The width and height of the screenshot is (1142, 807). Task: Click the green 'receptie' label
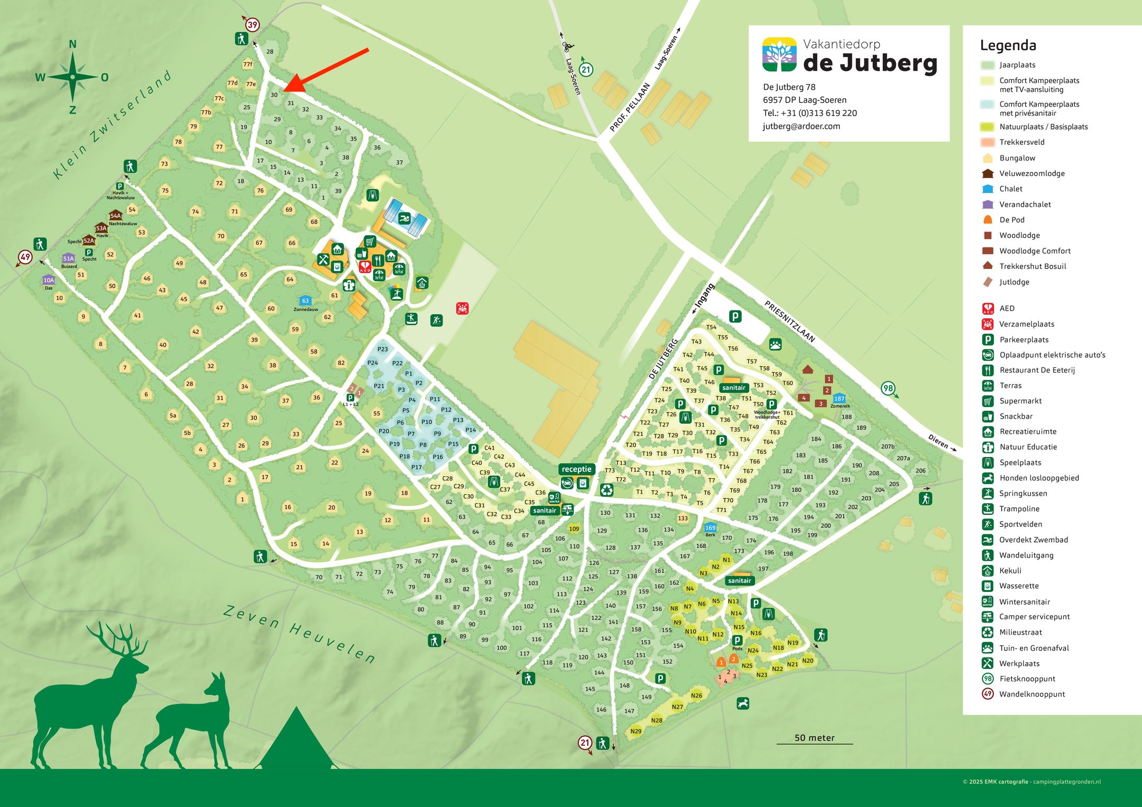click(576, 469)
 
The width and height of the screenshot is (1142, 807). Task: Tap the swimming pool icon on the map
click(404, 219)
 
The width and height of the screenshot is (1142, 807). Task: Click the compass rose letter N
click(73, 44)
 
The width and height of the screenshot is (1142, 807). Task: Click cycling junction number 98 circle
click(887, 388)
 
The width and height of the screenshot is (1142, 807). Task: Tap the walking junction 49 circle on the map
click(25, 257)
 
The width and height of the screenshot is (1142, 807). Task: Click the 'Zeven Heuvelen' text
click(299, 634)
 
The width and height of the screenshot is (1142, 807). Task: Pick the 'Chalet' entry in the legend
click(1010, 189)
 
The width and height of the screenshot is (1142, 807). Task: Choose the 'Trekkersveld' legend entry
click(1021, 142)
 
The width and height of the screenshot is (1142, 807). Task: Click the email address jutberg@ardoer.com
click(801, 126)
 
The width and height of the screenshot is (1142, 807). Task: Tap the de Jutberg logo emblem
click(779, 54)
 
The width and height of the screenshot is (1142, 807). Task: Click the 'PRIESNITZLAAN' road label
click(789, 321)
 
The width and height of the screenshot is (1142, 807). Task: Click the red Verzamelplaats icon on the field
click(462, 308)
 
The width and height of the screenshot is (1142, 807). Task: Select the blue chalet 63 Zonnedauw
click(305, 301)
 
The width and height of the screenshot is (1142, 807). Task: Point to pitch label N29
click(636, 731)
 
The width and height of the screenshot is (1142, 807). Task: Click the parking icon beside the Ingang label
click(735, 317)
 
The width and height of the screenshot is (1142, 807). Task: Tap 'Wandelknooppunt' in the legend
click(1032, 694)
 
